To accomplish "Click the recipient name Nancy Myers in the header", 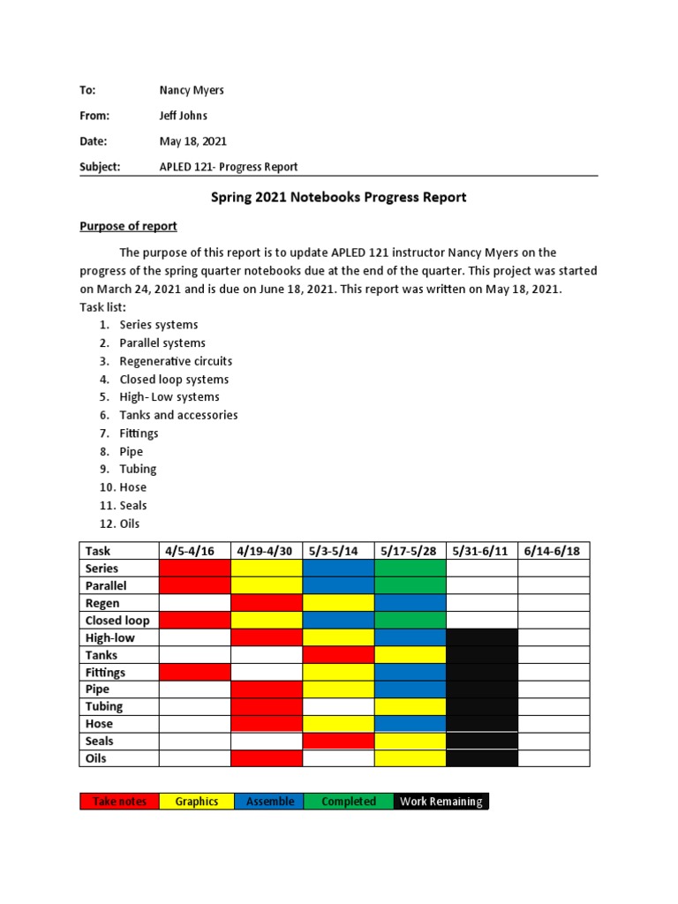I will [x=191, y=90].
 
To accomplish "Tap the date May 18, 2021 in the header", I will [x=193, y=141].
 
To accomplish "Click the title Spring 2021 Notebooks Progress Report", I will [x=338, y=197].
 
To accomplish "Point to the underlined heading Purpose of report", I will [x=128, y=226].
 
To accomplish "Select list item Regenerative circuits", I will [x=176, y=361].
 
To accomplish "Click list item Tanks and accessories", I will [x=178, y=415].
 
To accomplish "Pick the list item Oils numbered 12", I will [x=129, y=524].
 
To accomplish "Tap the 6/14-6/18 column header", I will [x=554, y=551].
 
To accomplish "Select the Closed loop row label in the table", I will [x=117, y=620].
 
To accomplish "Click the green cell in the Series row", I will [x=410, y=569].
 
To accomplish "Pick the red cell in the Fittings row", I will [x=194, y=672].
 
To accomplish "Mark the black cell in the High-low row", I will [x=481, y=637].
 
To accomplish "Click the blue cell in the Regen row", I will [x=410, y=603].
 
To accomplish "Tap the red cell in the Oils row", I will [x=266, y=758].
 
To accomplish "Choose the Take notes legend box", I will [x=119, y=802].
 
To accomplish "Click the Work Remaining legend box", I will [x=441, y=802].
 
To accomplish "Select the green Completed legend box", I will [x=348, y=802].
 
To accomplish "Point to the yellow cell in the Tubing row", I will [x=410, y=706].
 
